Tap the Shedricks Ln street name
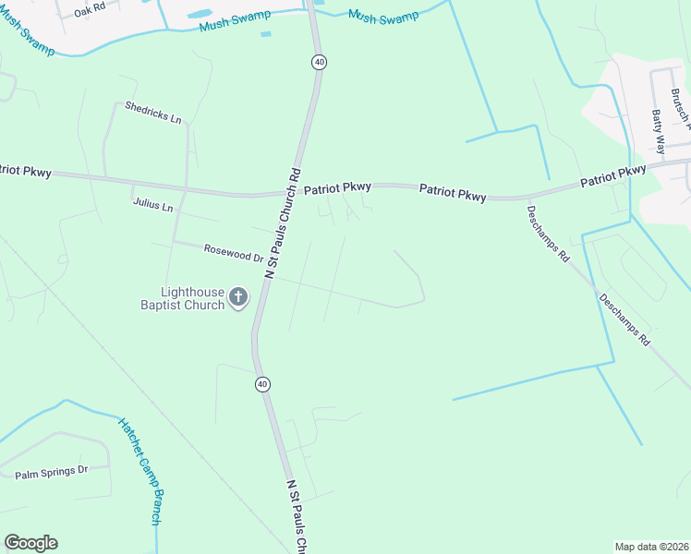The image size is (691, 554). (x=152, y=112)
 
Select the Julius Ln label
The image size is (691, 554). (x=152, y=205)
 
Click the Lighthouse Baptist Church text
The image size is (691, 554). (x=182, y=297)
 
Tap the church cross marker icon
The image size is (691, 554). (x=238, y=296)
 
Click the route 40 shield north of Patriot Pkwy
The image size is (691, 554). (x=319, y=62)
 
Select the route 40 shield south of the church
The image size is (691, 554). (x=263, y=384)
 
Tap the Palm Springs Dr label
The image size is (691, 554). (x=51, y=473)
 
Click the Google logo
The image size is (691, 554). (x=30, y=543)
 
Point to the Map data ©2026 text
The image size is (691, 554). (x=651, y=547)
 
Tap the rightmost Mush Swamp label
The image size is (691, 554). (x=383, y=16)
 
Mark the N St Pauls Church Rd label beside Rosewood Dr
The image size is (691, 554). (x=284, y=222)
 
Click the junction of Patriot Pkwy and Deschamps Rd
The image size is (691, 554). (x=522, y=198)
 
